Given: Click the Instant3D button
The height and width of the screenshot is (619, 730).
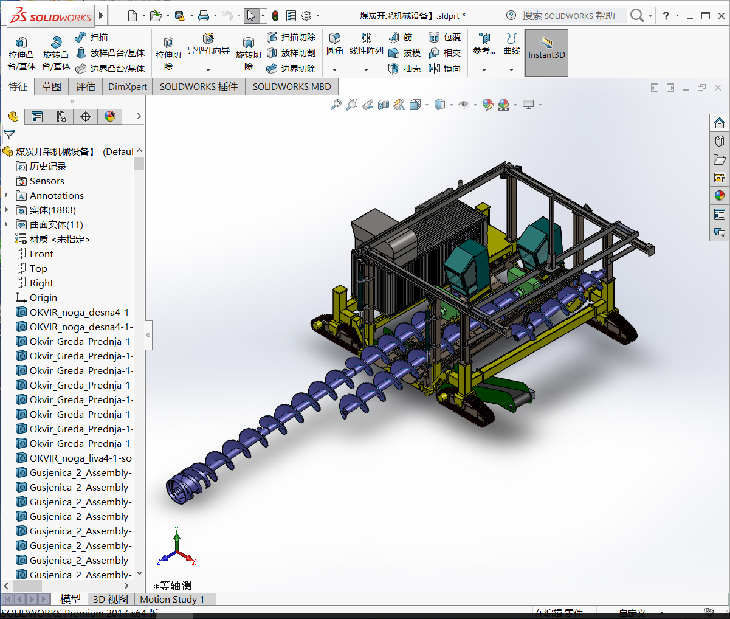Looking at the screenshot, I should click(546, 53).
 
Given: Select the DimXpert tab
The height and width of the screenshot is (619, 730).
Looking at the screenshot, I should click(128, 87).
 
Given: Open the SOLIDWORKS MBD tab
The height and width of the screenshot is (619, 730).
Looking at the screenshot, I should click(292, 87).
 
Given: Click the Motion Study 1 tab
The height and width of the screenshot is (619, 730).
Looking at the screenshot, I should click(172, 600).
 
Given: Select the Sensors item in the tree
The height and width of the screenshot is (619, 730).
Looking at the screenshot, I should click(47, 181).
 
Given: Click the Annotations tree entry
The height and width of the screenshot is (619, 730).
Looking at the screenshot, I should click(57, 196).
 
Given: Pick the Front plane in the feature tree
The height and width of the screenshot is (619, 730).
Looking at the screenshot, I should click(41, 254).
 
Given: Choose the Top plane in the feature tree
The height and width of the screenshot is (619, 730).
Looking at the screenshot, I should click(38, 269).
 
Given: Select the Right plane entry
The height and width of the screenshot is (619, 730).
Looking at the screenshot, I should click(41, 283).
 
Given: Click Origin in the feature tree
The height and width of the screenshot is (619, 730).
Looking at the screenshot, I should click(43, 298).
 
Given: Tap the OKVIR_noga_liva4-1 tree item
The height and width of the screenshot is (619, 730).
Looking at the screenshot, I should click(81, 458).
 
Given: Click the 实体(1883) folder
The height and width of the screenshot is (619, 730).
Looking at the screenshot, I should click(52, 210).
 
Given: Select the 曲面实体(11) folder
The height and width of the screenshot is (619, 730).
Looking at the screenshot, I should click(56, 225).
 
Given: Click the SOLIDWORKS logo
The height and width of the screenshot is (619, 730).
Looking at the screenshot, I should click(51, 16).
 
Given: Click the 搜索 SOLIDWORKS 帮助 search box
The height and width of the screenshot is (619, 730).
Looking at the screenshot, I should click(568, 16).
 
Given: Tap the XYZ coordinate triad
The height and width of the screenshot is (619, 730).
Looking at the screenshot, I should click(176, 547).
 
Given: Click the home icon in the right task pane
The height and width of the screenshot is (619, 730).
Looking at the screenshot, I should click(720, 123).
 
